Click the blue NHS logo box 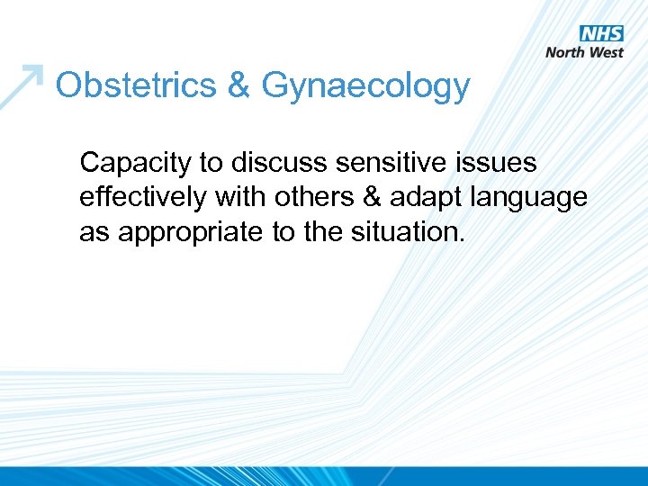click(x=601, y=33)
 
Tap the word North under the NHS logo click(x=567, y=52)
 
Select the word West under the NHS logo click(x=607, y=52)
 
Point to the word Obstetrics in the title click(x=134, y=86)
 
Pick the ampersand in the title click(x=238, y=86)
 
